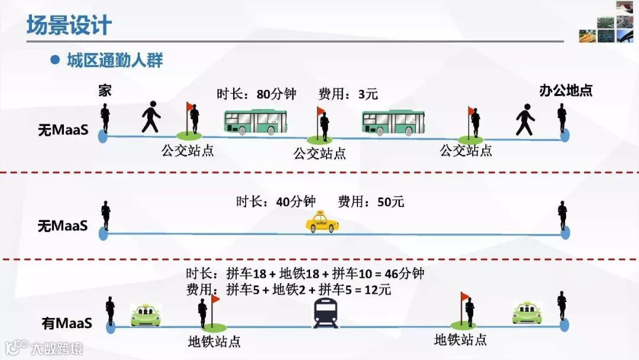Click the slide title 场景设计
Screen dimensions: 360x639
click(69, 25)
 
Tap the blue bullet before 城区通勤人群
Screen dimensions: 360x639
click(56, 60)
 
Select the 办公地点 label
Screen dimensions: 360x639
click(566, 91)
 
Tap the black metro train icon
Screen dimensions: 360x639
click(325, 313)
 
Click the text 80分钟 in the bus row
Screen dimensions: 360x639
click(276, 94)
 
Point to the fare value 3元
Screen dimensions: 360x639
click(368, 94)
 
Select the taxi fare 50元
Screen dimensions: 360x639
click(390, 202)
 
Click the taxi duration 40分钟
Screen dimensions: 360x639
click(296, 202)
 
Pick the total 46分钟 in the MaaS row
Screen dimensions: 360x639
click(405, 274)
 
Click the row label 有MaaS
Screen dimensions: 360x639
click(67, 323)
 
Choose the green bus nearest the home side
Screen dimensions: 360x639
click(255, 122)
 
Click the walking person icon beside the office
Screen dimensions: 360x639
click(525, 120)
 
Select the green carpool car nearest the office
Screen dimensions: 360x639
click(527, 313)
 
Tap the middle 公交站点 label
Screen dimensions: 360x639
click(320, 154)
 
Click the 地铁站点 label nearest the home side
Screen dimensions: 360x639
click(214, 342)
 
